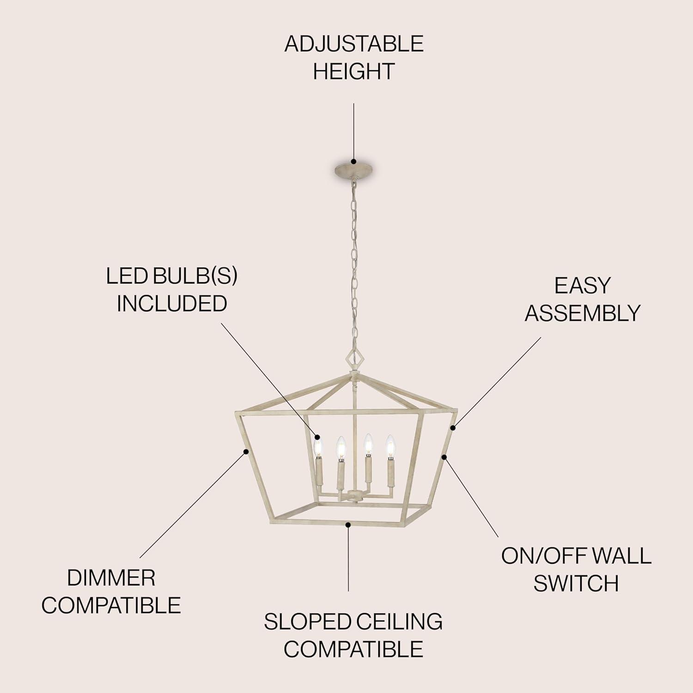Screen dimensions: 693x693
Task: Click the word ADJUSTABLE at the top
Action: (354, 44)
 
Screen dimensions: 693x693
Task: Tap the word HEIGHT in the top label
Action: (354, 72)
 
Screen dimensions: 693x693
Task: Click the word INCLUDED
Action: (172, 304)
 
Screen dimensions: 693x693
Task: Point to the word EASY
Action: (583, 286)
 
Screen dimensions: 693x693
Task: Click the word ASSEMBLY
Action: (583, 313)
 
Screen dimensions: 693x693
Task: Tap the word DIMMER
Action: (111, 578)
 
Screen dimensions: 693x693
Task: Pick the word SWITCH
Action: (576, 584)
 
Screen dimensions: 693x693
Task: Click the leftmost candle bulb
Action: (317, 446)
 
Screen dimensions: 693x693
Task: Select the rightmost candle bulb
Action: (390, 445)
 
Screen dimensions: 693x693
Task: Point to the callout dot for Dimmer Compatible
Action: (246, 451)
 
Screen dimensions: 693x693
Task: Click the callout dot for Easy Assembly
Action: (453, 427)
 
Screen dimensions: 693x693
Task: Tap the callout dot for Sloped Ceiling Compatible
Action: (349, 524)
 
